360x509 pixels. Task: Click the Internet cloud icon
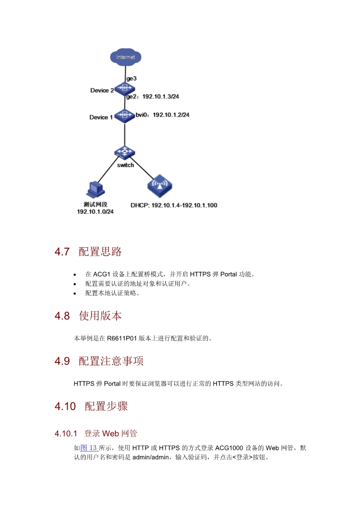(x=126, y=57)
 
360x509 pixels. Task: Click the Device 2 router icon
(x=124, y=88)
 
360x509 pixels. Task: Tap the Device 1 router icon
(x=124, y=115)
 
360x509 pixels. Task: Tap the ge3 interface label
(x=131, y=78)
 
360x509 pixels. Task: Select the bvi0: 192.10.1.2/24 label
(x=163, y=115)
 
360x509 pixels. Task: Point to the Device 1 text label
(x=101, y=117)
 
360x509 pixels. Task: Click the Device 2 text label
(x=102, y=90)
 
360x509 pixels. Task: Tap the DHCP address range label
(x=174, y=205)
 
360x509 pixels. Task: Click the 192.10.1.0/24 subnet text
(x=95, y=211)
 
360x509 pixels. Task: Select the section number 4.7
(x=62, y=252)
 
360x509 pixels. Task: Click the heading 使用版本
(x=100, y=316)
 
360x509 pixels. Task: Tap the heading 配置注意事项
(x=111, y=361)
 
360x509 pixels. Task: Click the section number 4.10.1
(x=66, y=434)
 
